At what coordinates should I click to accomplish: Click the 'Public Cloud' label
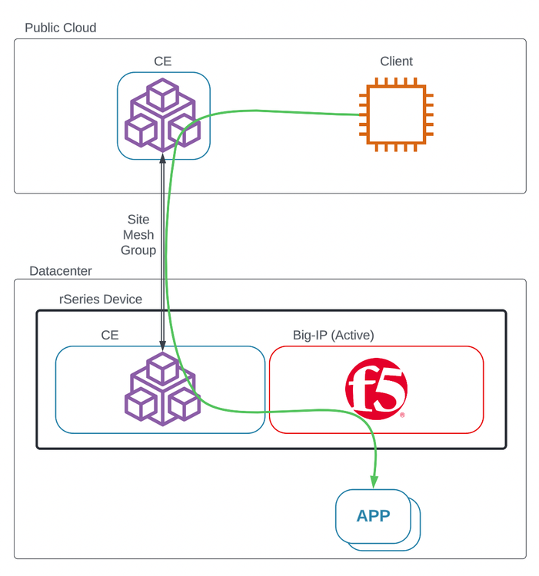pyautogui.click(x=61, y=28)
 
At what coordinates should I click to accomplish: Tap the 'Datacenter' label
pyautogui.click(x=61, y=271)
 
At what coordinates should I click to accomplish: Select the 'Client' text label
pyautogui.click(x=396, y=61)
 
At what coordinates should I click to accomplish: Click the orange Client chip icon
pyautogui.click(x=396, y=115)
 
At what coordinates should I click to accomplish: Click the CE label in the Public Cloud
pyautogui.click(x=163, y=61)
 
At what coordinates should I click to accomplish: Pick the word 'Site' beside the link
pyautogui.click(x=138, y=220)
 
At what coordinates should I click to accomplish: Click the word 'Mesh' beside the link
pyautogui.click(x=138, y=235)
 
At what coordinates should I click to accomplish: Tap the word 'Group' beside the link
pyautogui.click(x=138, y=250)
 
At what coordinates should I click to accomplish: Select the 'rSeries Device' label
pyautogui.click(x=101, y=300)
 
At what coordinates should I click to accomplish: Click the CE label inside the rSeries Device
pyautogui.click(x=110, y=336)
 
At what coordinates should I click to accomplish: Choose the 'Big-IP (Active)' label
pyautogui.click(x=333, y=336)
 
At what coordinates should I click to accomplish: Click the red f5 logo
pyautogui.click(x=376, y=390)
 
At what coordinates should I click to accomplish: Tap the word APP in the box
pyautogui.click(x=374, y=515)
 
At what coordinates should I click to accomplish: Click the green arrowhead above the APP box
pyautogui.click(x=374, y=482)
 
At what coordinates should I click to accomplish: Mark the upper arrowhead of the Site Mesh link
pyautogui.click(x=162, y=158)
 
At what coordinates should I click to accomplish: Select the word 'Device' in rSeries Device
pyautogui.click(x=122, y=300)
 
